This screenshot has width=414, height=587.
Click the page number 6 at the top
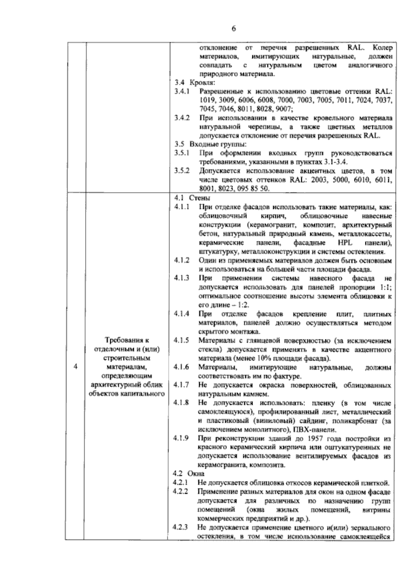click(x=234, y=29)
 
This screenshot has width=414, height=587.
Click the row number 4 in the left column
click(x=76, y=366)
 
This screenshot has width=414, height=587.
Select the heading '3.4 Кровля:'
click(x=195, y=83)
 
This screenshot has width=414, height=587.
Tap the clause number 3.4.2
click(x=182, y=118)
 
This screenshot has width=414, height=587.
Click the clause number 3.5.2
click(x=182, y=171)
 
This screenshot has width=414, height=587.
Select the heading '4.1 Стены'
click(x=193, y=198)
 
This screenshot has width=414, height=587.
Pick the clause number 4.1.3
click(x=182, y=278)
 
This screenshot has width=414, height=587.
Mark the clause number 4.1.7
click(x=182, y=385)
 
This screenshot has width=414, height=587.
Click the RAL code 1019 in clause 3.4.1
click(x=206, y=101)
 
